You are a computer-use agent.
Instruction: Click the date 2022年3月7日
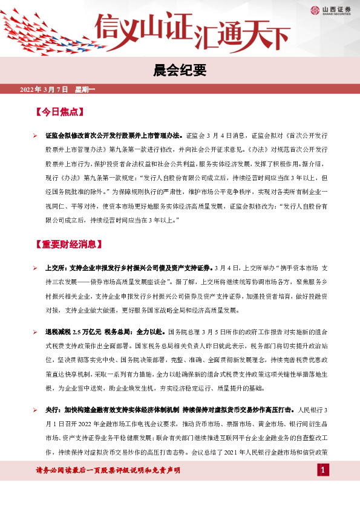[45, 89]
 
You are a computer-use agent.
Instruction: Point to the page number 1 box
[324, 470]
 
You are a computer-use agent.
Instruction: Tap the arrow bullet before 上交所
[36, 267]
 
